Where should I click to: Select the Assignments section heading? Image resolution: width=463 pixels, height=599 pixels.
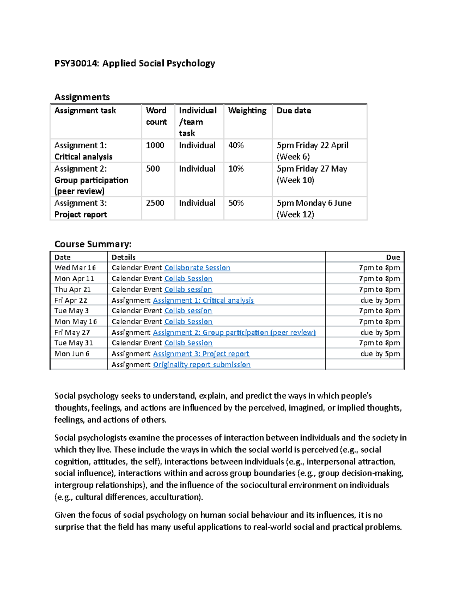(x=82, y=97)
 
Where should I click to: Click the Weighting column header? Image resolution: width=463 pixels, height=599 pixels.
(x=247, y=111)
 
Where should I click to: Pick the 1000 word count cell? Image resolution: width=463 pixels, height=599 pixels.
(x=155, y=145)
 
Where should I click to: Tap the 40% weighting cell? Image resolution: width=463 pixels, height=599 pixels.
(x=236, y=145)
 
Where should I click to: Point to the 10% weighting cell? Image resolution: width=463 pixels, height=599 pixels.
(x=236, y=169)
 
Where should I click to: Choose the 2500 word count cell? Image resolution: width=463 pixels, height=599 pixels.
(x=155, y=203)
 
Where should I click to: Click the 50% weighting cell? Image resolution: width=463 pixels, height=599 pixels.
(x=236, y=203)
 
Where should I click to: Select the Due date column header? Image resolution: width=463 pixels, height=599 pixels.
(x=294, y=111)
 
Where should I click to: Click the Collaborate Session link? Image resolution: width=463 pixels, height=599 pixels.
(x=197, y=268)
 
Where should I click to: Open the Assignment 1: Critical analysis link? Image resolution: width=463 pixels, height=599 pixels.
(x=203, y=300)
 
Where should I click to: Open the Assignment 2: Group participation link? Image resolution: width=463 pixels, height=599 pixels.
(x=234, y=332)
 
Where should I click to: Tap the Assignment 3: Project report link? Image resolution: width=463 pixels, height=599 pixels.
(x=201, y=354)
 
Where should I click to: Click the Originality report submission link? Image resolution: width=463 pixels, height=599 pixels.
(x=202, y=364)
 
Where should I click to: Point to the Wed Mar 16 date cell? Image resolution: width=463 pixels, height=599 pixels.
(x=75, y=268)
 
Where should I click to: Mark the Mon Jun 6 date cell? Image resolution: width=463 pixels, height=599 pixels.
(x=72, y=354)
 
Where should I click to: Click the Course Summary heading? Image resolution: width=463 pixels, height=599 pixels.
(x=93, y=244)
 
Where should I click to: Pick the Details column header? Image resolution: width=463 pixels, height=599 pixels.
(x=123, y=257)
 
